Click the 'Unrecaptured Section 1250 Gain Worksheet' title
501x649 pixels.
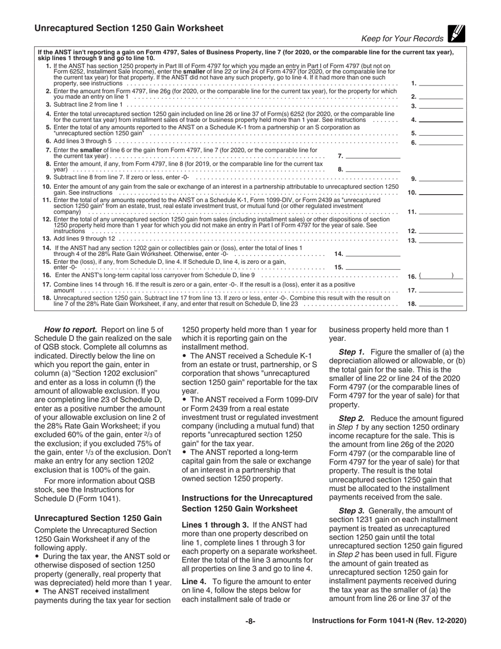click(129, 28)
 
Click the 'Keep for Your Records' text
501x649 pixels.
click(402, 39)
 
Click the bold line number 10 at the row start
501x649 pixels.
click(46, 187)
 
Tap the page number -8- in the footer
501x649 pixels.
click(250, 621)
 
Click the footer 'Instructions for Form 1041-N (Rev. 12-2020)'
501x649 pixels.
click(389, 621)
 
